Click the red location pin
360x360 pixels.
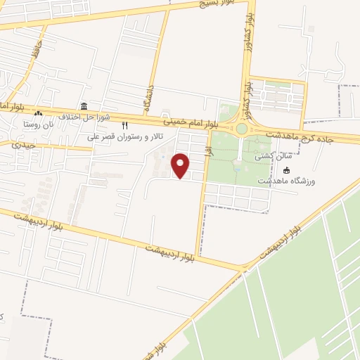pos(181,166)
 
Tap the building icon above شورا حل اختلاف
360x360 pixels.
pos(85,106)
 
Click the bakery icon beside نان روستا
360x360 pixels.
pos(39,114)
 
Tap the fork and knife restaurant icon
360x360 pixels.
pos(124,124)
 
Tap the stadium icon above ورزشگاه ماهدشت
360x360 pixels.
pos(286,170)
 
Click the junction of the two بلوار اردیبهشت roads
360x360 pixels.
pos(243,268)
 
